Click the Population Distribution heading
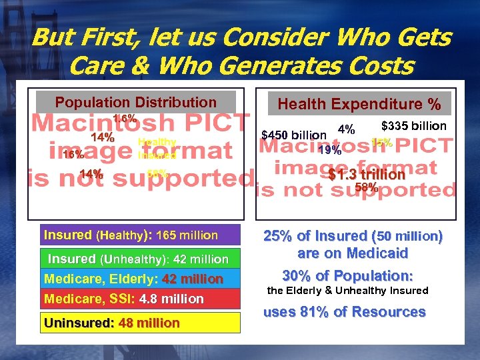tap(135, 103)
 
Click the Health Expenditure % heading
tap(359, 105)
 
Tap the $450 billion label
tap(294, 135)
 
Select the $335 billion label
tap(413, 126)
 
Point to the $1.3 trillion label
tap(366, 175)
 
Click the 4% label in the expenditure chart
tap(346, 129)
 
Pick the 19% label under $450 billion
tap(330, 150)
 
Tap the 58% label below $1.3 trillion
tap(366, 188)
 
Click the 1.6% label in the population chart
tap(125, 119)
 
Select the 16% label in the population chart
tap(73, 155)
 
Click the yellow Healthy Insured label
tap(157, 149)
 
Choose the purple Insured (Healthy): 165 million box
tap(131, 235)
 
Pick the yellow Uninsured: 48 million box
tap(112, 323)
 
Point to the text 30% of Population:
tap(347, 276)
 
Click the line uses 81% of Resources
tap(344, 312)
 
